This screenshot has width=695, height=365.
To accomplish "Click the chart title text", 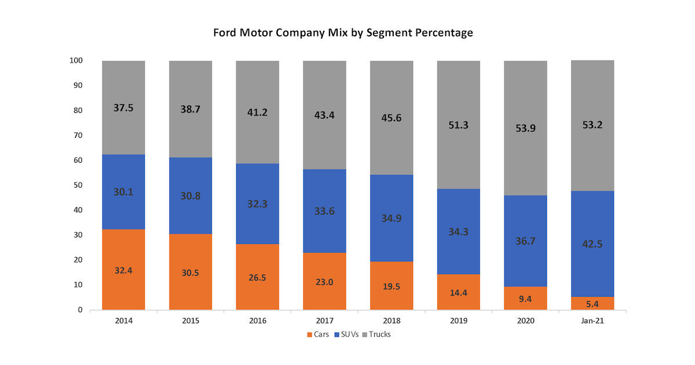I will click(343, 33).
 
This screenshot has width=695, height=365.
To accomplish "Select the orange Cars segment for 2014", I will click(123, 269).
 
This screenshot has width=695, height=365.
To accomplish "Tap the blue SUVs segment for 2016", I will click(257, 203).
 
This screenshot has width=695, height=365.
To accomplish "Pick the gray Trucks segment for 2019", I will click(458, 125).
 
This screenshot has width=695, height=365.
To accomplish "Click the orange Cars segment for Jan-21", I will click(592, 303).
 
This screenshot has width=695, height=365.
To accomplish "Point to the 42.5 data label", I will click(592, 244).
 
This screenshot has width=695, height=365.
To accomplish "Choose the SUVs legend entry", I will click(349, 334).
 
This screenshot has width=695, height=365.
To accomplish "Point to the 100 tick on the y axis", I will click(76, 60).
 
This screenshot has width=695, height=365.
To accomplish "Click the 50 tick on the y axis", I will click(78, 185).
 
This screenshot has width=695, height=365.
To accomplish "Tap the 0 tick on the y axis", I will click(80, 310).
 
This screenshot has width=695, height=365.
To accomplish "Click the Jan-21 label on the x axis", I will click(592, 320).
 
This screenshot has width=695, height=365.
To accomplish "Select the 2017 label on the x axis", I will click(324, 320).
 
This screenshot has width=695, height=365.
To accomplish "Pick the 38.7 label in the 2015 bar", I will click(191, 108).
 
